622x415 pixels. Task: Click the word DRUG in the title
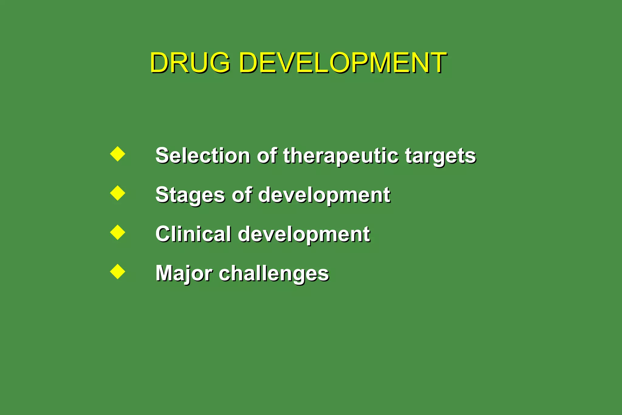(x=190, y=63)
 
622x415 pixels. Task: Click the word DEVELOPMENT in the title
(x=342, y=63)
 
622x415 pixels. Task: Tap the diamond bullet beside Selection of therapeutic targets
(x=118, y=154)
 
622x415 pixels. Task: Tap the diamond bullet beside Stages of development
(x=118, y=193)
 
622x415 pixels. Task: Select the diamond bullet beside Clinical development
(x=118, y=232)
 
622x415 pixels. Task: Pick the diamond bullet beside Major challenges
(x=118, y=272)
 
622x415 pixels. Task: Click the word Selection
(x=203, y=156)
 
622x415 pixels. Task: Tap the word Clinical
(x=193, y=234)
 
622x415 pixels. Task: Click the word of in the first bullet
(x=267, y=156)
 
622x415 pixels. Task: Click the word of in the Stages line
(x=242, y=194)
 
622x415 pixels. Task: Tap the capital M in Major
(x=164, y=273)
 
